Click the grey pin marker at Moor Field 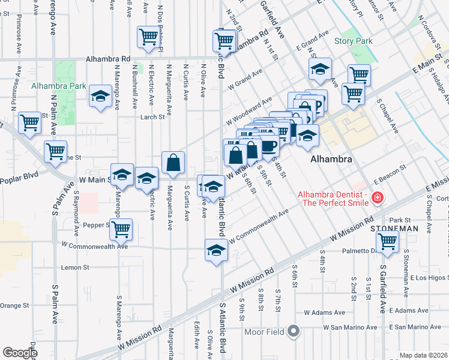tap(294, 331)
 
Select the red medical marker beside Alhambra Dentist tap(377, 197)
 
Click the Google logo tap(20, 353)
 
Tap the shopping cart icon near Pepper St tap(122, 229)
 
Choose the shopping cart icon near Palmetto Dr tap(388, 241)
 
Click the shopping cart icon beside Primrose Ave tap(30, 123)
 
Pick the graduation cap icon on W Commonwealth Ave tap(216, 250)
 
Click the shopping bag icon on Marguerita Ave tap(173, 163)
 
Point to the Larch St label tap(152, 117)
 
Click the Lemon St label tap(75, 267)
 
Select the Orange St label tap(10, 305)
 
